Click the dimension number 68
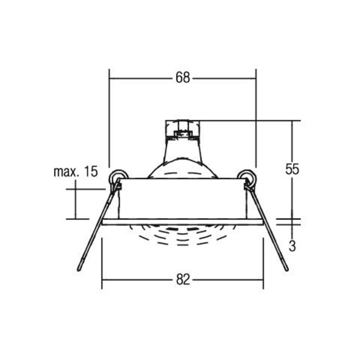point(183,78)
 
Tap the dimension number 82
point(183,279)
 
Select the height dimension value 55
point(292,169)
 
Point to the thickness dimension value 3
point(292,246)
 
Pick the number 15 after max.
point(91,171)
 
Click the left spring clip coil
point(118,177)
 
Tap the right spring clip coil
point(247,177)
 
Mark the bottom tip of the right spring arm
point(286,269)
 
